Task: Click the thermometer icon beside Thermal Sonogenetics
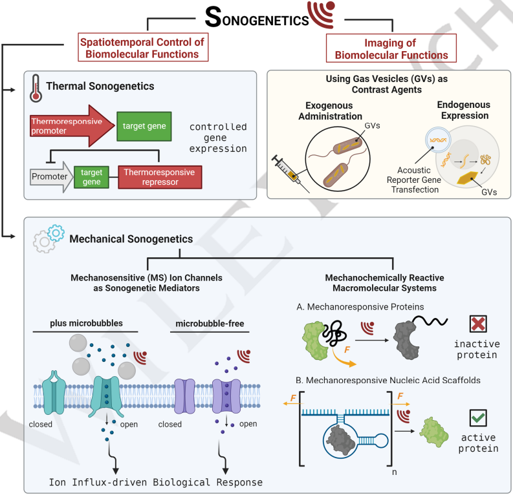click(x=36, y=89)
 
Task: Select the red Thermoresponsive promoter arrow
click(x=72, y=126)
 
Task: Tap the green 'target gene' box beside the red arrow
click(x=144, y=127)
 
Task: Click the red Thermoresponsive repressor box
click(x=160, y=177)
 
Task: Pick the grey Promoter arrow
click(x=51, y=177)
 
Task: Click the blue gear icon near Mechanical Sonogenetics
click(x=56, y=233)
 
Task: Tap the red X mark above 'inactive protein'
click(x=478, y=324)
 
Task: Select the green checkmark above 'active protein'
click(x=478, y=418)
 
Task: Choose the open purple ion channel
click(x=226, y=396)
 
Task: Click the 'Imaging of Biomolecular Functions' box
click(x=391, y=48)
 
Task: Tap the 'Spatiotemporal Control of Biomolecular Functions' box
click(x=143, y=47)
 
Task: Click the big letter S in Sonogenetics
click(x=213, y=17)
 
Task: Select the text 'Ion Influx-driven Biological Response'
click(x=156, y=482)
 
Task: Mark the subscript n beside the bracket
click(x=394, y=472)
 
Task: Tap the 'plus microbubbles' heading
click(x=87, y=323)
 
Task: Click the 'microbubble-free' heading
click(x=210, y=324)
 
